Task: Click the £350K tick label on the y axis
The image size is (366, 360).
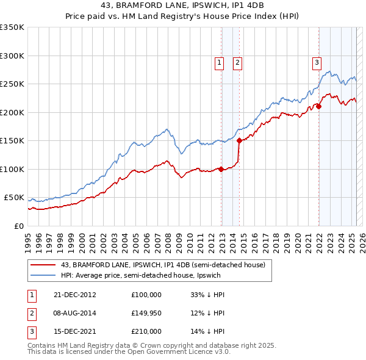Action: pos(12,27)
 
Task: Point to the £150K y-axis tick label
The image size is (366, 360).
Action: pos(12,141)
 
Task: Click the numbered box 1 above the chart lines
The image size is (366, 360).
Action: pos(219,61)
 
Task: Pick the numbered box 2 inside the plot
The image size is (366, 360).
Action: pos(237,61)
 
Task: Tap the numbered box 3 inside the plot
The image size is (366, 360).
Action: pos(317,61)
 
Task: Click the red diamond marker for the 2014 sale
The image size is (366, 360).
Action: pos(239,141)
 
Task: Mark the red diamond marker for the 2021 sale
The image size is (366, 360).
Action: pos(318,107)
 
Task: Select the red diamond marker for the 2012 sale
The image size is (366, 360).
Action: pos(221,170)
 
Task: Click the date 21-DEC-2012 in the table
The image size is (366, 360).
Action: pos(76,294)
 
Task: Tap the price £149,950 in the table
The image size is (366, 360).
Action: pos(146,313)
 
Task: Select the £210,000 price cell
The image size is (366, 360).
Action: pos(146,332)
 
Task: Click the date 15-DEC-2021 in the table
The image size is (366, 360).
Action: pos(76,332)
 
